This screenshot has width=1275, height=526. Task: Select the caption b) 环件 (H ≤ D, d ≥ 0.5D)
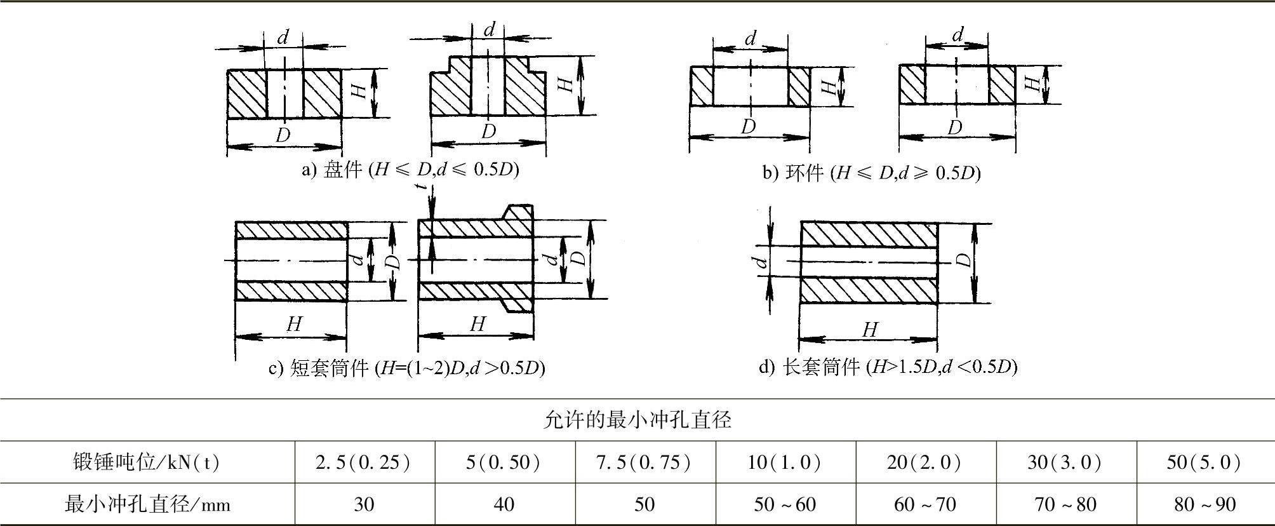[x=871, y=172]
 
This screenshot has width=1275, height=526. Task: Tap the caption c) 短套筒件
[x=406, y=368]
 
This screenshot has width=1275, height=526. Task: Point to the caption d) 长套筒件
[x=888, y=367]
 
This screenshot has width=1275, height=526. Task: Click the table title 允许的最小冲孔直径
[x=637, y=419]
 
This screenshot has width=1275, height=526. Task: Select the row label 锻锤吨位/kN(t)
[x=147, y=462]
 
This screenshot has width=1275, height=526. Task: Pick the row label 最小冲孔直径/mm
[x=147, y=504]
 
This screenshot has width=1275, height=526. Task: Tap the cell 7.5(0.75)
[x=644, y=462]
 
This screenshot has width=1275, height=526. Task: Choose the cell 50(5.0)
[x=1203, y=462]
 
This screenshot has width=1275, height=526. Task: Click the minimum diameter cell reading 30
[x=364, y=504]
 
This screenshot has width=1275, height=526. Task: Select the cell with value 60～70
[x=925, y=504]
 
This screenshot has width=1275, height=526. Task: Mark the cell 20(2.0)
[x=925, y=462]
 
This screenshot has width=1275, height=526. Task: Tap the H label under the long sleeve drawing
[x=870, y=330]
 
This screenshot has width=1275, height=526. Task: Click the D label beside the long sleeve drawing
[x=964, y=260]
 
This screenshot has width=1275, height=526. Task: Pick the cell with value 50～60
[x=785, y=504]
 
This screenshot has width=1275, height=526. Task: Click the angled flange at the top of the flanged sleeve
[x=517, y=212]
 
